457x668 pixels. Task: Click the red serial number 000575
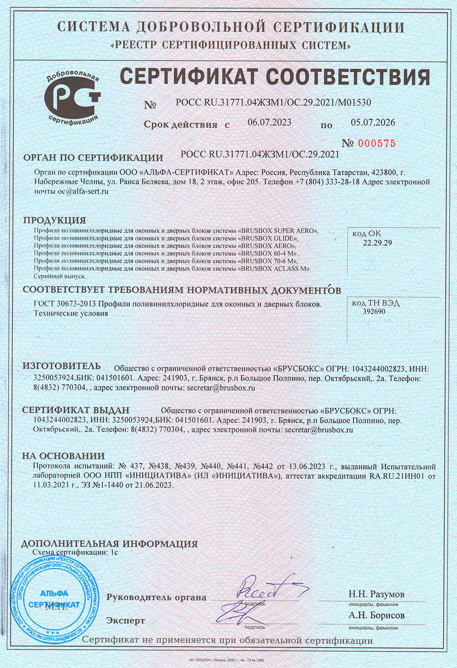pos(375,143)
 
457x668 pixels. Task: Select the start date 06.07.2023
pos(269,123)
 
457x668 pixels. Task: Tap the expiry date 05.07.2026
pos(372,123)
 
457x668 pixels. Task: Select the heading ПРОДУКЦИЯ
pos(54,220)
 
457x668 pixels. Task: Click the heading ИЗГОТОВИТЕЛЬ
pos(61,366)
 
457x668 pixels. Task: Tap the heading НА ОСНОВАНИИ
pos(64,456)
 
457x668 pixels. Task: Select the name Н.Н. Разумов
pos(376,594)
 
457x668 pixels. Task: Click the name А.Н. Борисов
pos(376,615)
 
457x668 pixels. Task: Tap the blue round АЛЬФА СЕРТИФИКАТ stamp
pos(54,599)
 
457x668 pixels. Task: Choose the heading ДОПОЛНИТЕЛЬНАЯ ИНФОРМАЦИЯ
pos(110,544)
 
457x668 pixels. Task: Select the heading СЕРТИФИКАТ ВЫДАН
pos(76,410)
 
